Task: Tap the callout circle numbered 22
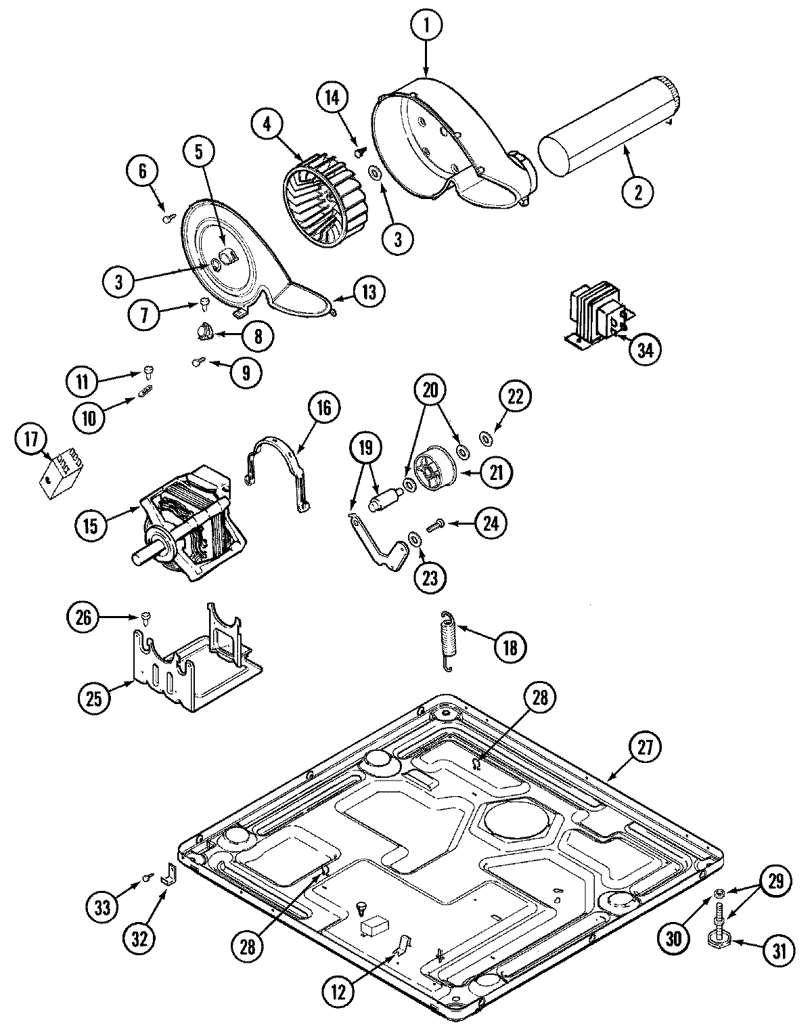point(516,398)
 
